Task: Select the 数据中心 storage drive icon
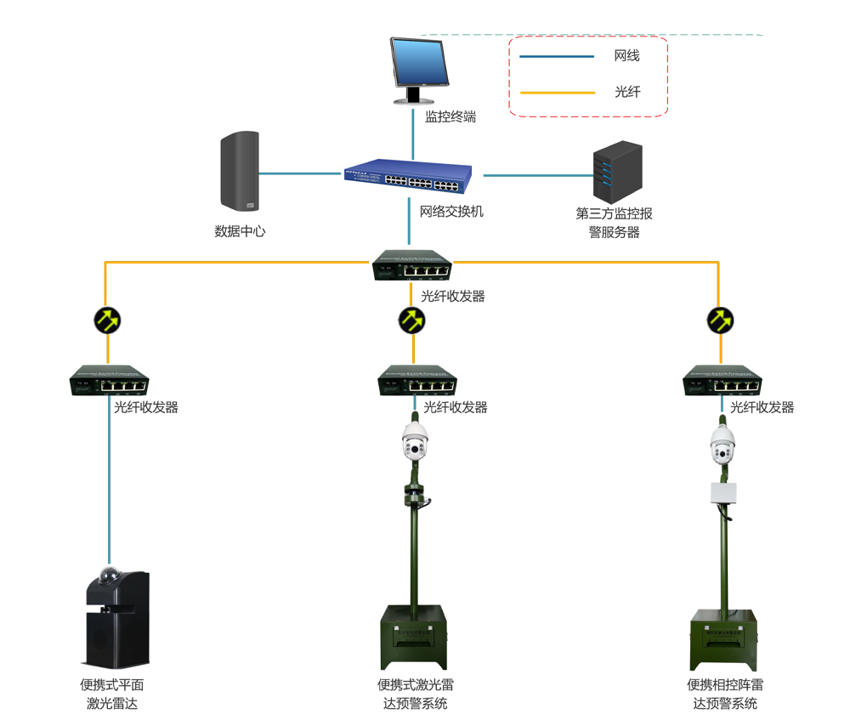[x=239, y=171]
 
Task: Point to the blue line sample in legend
[x=556, y=57]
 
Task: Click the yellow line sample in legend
[x=556, y=92]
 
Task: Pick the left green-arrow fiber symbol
[x=107, y=320]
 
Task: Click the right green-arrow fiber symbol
[x=721, y=320]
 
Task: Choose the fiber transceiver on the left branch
[x=109, y=381]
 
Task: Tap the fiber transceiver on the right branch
[x=721, y=381]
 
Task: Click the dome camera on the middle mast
[x=415, y=440]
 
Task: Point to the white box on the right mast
[x=723, y=493]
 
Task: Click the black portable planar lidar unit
[x=117, y=619]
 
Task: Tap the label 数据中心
[x=240, y=230]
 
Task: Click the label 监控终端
[x=450, y=117]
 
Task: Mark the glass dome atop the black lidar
[x=109, y=575]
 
